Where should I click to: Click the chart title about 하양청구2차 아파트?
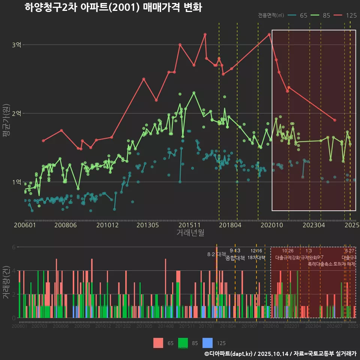[x=113, y=7]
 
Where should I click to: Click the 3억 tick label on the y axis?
[x=17, y=45]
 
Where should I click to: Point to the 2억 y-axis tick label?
[x=17, y=113]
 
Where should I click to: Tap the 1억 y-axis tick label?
[x=17, y=182]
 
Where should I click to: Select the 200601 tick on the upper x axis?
[x=25, y=225]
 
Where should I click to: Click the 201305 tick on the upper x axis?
[x=147, y=225]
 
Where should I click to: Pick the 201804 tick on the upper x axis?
[x=230, y=225]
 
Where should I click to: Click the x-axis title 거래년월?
[x=190, y=233]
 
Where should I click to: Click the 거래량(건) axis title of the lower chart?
[x=6, y=282]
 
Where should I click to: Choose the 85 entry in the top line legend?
[x=322, y=15]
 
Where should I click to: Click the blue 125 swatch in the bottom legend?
[x=207, y=343]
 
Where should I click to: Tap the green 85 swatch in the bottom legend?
[x=183, y=343]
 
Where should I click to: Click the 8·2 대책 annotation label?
[x=214, y=254]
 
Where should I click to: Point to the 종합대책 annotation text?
[x=235, y=258]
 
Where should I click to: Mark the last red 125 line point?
[x=335, y=120]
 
